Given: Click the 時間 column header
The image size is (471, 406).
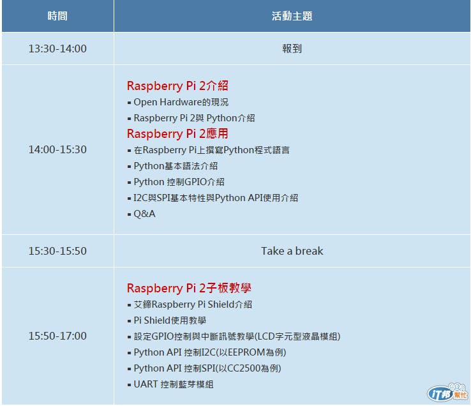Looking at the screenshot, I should (57, 16).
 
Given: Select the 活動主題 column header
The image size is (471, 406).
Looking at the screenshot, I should (292, 16).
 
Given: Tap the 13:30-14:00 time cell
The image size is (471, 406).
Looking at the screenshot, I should (57, 49).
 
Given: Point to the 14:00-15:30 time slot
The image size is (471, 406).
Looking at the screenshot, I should (57, 149).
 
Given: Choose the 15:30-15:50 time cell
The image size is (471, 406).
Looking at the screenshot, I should (57, 251).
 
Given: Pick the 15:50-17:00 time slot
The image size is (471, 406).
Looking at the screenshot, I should (57, 336).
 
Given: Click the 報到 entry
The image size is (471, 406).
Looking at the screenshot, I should (292, 49).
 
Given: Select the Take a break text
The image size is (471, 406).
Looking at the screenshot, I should (292, 251).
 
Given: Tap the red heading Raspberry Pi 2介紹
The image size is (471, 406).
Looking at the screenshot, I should (177, 86).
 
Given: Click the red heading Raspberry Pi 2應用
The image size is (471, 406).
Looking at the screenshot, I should (177, 133).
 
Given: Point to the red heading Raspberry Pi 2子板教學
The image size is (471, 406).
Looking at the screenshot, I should (189, 288).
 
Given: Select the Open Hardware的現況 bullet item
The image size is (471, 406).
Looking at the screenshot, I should (181, 102).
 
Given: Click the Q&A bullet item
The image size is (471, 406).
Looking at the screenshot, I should (144, 214).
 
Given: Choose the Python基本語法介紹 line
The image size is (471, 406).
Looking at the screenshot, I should (176, 166).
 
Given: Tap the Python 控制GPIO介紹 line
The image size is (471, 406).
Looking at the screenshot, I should (179, 182).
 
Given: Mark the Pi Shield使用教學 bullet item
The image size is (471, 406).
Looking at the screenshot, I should (170, 320).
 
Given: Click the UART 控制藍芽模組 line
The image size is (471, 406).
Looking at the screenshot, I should (174, 384).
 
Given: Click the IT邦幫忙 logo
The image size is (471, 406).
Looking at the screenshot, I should (447, 393).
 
